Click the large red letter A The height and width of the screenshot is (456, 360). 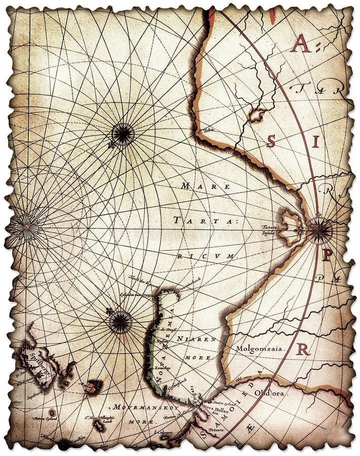pyautogui.click(x=302, y=46)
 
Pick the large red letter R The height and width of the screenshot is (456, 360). pyautogui.click(x=303, y=349)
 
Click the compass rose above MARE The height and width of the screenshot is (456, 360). pyautogui.click(x=123, y=134)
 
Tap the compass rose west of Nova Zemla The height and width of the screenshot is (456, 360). pyautogui.click(x=120, y=322)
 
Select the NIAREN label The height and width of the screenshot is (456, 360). pyautogui.click(x=204, y=339)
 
